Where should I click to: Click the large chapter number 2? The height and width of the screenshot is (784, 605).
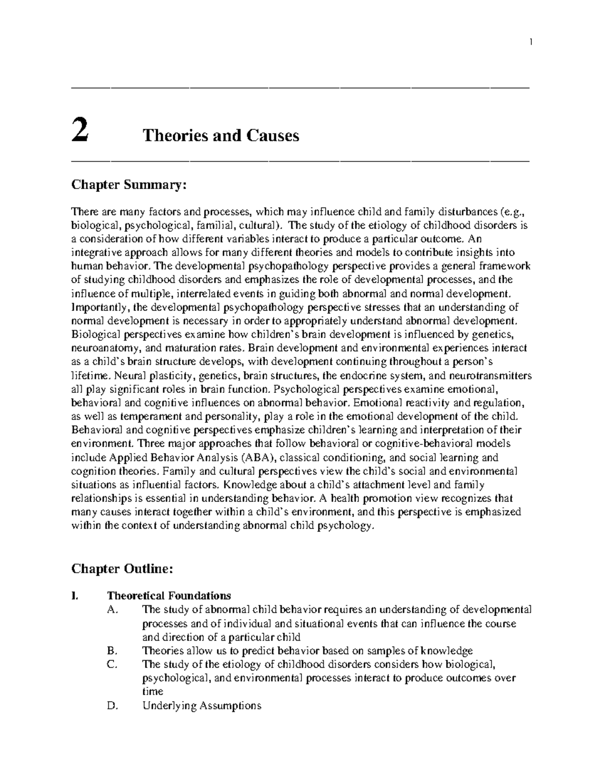pos(80,132)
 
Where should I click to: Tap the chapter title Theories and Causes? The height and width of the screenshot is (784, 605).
pos(221,135)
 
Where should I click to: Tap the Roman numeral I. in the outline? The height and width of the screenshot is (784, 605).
pos(75,596)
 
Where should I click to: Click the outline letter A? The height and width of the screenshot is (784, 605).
pos(112,609)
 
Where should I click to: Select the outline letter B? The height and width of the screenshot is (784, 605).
pos(111,650)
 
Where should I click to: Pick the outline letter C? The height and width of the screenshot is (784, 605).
pos(112,664)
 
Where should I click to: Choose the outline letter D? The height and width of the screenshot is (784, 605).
pos(112,705)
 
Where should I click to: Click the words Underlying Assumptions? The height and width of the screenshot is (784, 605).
pos(202,706)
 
